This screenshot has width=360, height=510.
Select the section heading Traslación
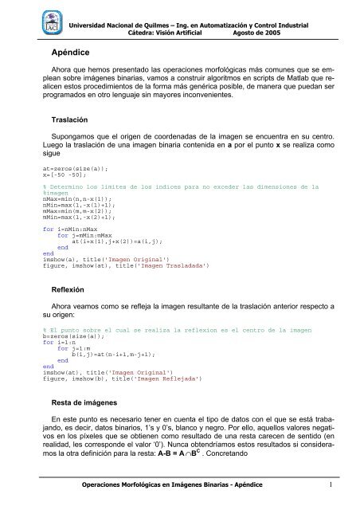pos(72,120)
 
